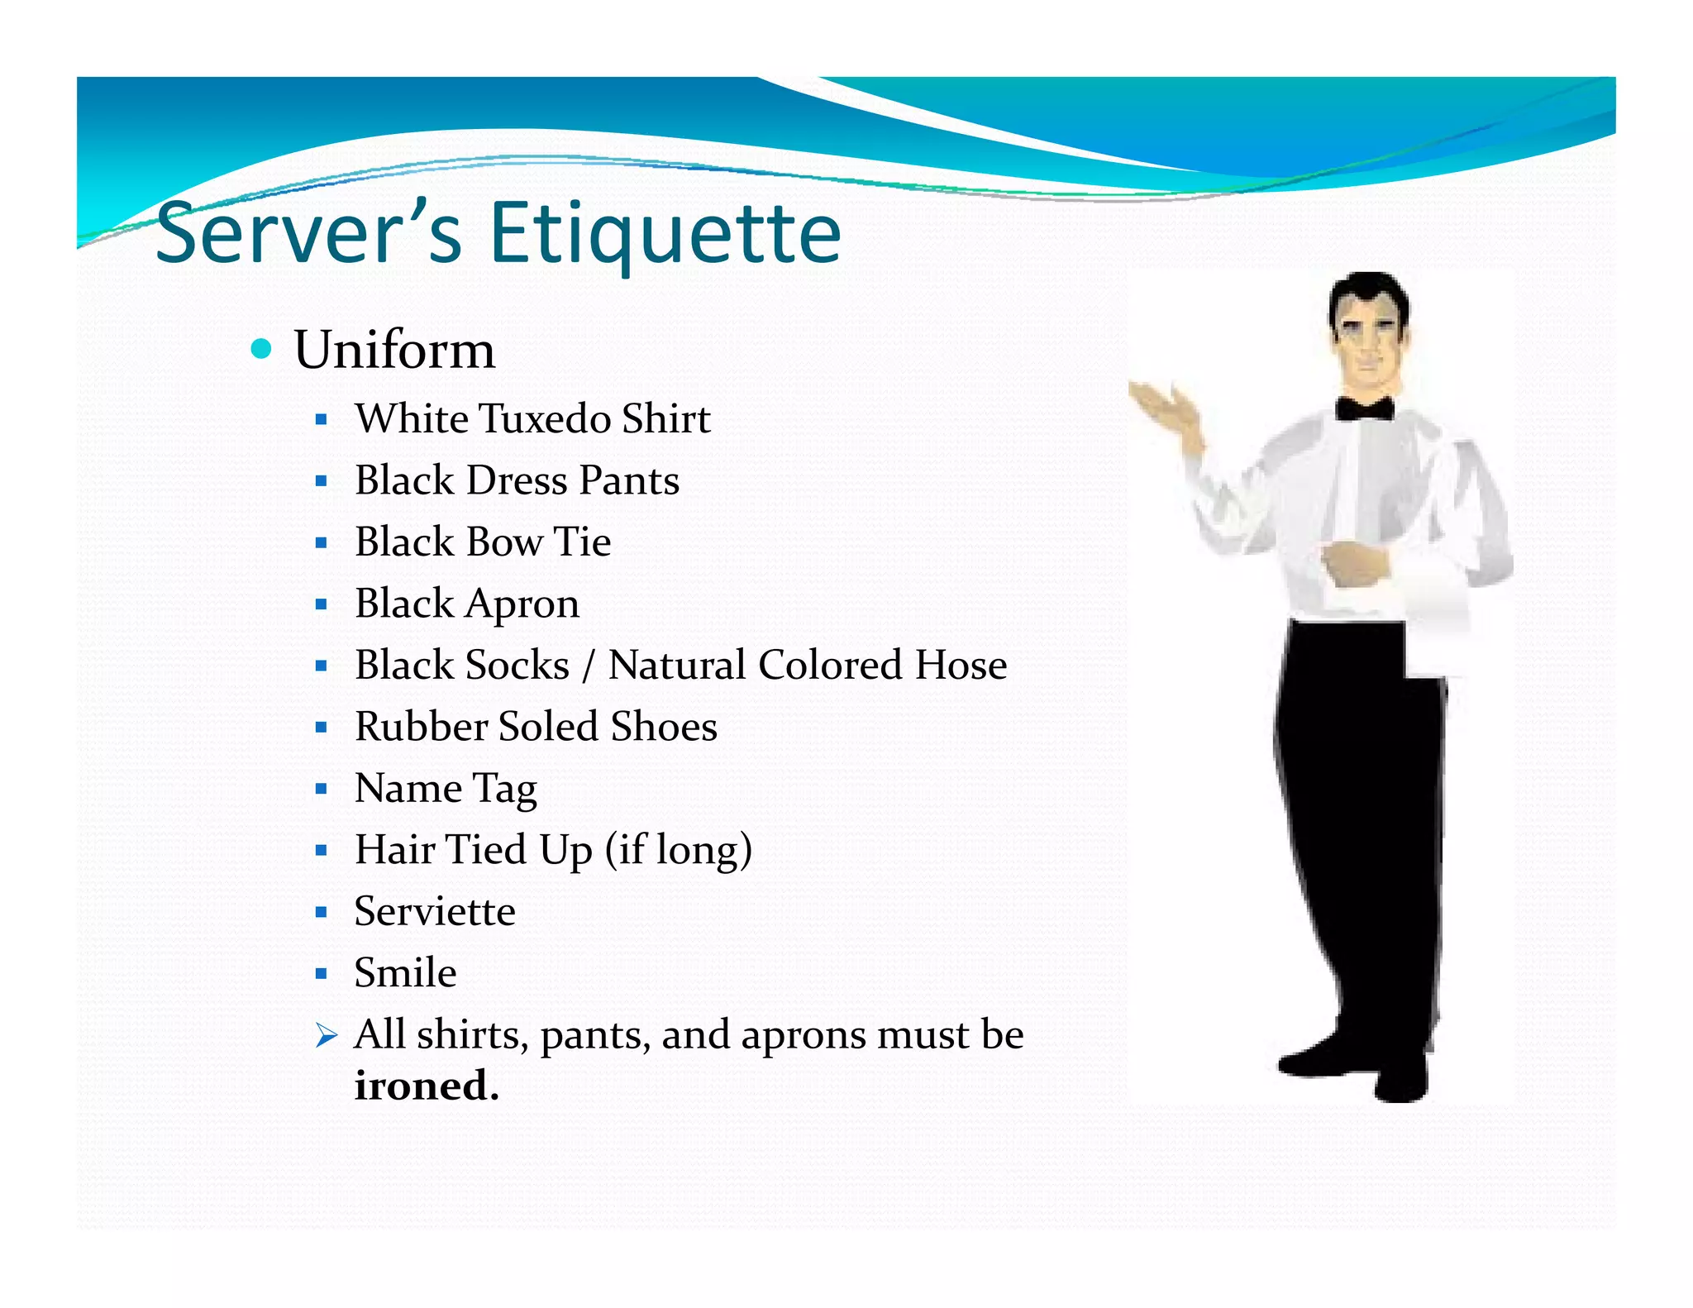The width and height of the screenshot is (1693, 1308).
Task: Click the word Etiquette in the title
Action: [x=665, y=234]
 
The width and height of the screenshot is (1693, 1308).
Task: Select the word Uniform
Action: [x=394, y=350]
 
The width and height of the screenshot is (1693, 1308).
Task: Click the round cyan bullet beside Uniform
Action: [x=261, y=349]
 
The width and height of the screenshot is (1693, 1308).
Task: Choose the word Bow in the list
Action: [x=504, y=542]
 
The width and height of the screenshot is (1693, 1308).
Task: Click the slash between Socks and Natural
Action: [x=588, y=666]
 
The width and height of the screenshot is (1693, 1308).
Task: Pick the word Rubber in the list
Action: [x=421, y=727]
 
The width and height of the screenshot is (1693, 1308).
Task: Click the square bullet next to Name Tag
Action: [x=322, y=789]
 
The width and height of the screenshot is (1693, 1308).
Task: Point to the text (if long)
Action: [x=679, y=851]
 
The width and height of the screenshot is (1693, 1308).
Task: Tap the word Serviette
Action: [x=435, y=912]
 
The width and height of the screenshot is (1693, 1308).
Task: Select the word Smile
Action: [x=405, y=973]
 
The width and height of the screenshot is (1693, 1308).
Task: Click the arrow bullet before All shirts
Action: [x=327, y=1035]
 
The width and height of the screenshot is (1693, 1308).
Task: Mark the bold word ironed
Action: [x=427, y=1086]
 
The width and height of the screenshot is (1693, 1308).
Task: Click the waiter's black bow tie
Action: [x=1365, y=408]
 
